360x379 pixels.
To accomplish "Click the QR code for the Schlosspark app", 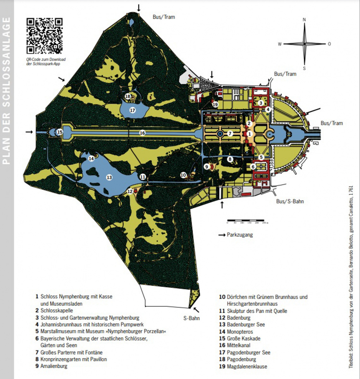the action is [x=45, y=36].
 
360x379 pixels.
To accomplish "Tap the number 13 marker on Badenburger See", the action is [x=109, y=177].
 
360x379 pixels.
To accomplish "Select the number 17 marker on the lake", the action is [x=132, y=110].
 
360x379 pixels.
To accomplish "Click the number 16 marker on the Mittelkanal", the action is [x=142, y=133].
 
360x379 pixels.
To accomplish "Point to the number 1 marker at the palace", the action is [x=249, y=133].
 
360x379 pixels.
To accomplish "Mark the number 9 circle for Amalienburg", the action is [x=207, y=166].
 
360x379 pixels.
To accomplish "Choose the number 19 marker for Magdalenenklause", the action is [x=215, y=105].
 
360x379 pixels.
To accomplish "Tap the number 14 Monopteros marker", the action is [x=91, y=159].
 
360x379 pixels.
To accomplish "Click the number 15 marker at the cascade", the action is [x=60, y=132].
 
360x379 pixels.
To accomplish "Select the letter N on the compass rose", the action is [x=304, y=20].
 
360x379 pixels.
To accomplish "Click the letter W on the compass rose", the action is [x=279, y=44].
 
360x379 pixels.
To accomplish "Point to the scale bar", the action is [x=246, y=220].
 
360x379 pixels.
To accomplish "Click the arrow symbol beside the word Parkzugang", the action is [x=222, y=235].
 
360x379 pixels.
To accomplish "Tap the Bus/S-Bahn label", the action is [x=290, y=202].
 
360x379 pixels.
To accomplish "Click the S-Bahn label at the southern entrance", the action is [x=191, y=318].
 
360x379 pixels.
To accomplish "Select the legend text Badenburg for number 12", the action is [x=239, y=318].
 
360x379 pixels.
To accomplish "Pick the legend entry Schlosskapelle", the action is [x=57, y=310].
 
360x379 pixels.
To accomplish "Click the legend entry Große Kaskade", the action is [x=244, y=339].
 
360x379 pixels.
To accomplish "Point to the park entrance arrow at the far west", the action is [x=29, y=132].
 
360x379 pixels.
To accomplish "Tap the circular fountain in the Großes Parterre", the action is [x=219, y=134].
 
